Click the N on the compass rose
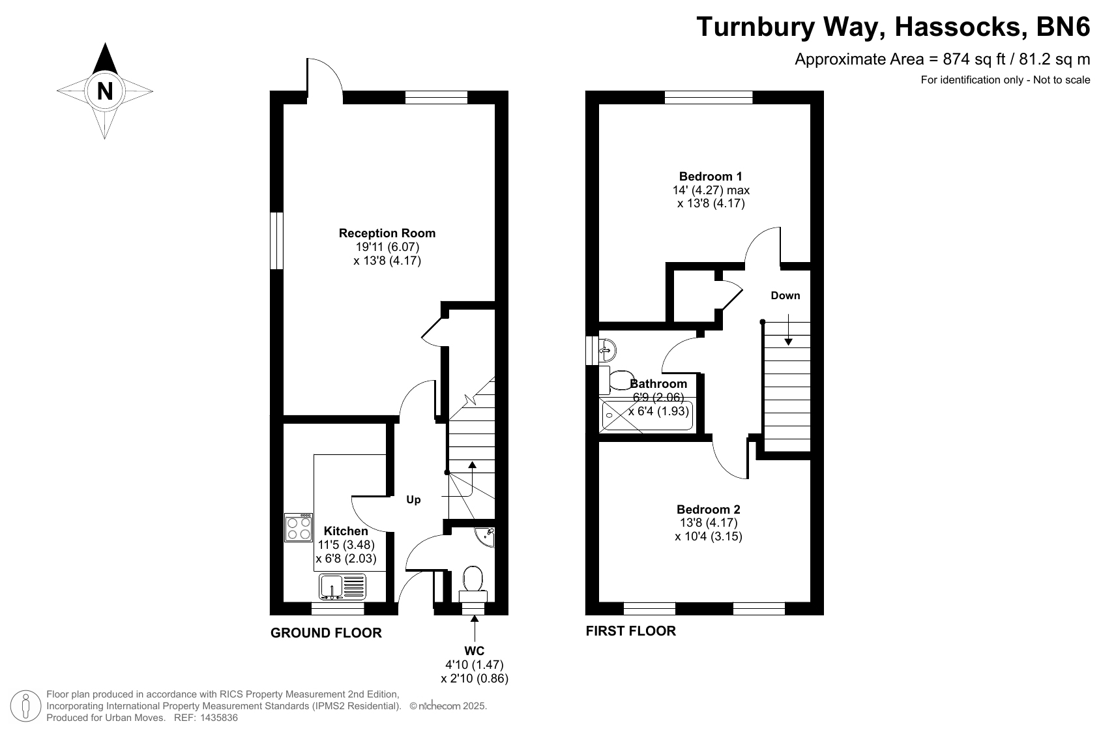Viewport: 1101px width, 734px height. click(x=105, y=91)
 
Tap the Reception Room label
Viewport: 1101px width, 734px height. click(x=387, y=233)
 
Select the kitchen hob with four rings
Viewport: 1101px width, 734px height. click(x=299, y=527)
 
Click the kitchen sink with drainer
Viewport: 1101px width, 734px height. click(x=342, y=587)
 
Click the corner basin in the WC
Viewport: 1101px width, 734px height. click(x=486, y=536)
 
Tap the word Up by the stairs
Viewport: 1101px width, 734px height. click(x=413, y=500)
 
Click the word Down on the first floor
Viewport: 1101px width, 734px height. click(x=785, y=295)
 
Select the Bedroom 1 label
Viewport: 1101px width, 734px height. click(x=711, y=176)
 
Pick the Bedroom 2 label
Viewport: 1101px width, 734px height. click(x=709, y=509)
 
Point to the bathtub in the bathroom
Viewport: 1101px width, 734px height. click(x=647, y=415)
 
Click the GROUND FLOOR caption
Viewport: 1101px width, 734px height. click(x=326, y=633)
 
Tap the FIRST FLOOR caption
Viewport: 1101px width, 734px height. click(x=630, y=631)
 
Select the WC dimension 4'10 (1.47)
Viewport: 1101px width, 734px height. click(x=475, y=665)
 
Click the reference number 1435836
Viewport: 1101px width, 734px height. click(x=219, y=718)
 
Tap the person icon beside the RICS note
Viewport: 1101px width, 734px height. click(x=25, y=706)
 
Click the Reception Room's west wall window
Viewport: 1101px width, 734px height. click(x=277, y=241)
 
